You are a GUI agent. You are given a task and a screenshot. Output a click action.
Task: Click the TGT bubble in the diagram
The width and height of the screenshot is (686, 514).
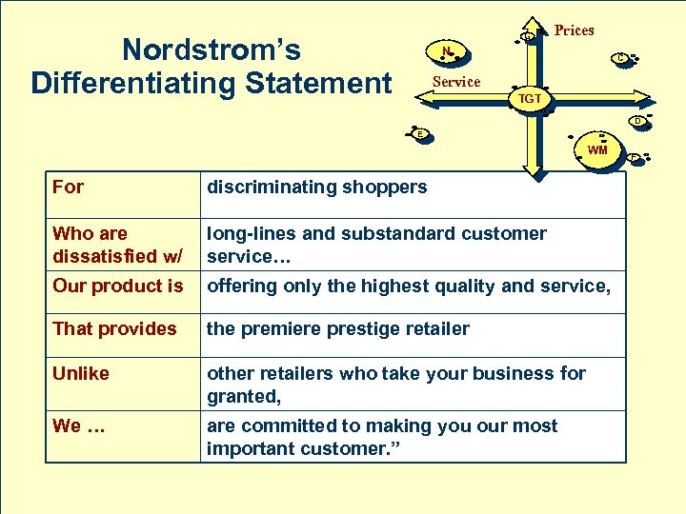click(x=530, y=98)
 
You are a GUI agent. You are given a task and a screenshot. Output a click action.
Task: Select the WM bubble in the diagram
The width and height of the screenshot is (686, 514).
click(x=597, y=149)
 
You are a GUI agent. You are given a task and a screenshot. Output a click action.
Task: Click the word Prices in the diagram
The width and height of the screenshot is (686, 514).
click(x=574, y=30)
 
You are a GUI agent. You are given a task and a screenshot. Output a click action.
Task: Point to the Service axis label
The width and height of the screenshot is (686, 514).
click(x=456, y=82)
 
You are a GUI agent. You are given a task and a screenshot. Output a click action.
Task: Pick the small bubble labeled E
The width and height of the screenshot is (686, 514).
click(x=420, y=134)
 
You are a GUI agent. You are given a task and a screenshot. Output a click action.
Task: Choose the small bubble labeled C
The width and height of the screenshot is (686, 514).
click(x=620, y=58)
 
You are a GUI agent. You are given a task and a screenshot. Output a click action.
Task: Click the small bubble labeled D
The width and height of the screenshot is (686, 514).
click(x=637, y=121)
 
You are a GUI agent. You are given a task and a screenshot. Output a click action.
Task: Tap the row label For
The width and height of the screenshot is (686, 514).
click(x=69, y=187)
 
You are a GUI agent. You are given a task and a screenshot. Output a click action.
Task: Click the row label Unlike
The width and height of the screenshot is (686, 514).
click(x=81, y=373)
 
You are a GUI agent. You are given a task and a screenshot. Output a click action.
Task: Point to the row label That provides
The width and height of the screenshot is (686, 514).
click(x=114, y=328)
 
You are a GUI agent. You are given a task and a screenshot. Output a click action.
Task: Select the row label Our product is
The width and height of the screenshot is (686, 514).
click(x=118, y=286)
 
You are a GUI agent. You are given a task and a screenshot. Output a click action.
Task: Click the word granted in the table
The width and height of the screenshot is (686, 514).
click(x=242, y=395)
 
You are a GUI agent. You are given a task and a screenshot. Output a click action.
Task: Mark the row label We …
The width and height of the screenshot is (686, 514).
click(x=79, y=425)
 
